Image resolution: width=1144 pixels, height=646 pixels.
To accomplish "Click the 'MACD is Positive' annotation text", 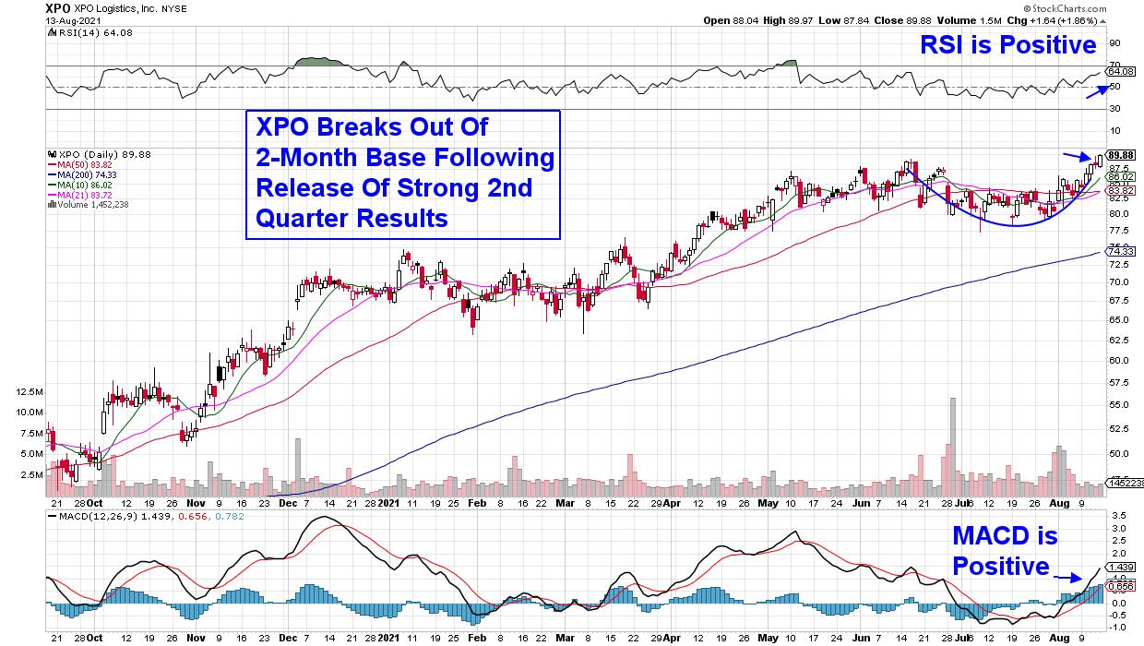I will (1005, 551).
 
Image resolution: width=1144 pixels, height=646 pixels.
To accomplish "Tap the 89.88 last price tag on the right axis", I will (1121, 154).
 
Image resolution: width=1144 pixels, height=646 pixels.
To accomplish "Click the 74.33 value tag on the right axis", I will (1121, 250).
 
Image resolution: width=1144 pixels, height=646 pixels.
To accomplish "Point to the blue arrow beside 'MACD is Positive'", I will (1068, 578).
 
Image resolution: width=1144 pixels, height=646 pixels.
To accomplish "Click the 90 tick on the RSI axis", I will (1114, 43).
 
